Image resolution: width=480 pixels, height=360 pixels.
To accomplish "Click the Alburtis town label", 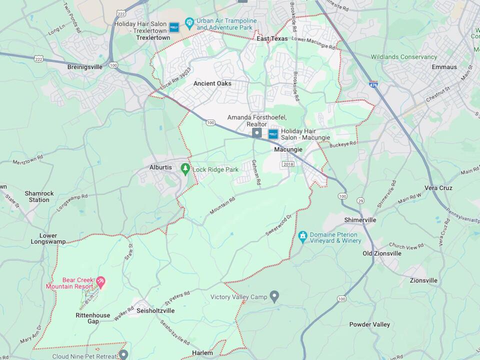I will pyautogui.click(x=161, y=167).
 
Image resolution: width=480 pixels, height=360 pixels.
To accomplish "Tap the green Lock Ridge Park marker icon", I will pyautogui.click(x=185, y=169).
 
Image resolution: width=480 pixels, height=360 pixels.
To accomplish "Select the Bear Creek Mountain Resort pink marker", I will pyautogui.click(x=100, y=282).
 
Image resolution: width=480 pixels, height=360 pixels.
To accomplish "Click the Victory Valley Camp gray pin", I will pyautogui.click(x=274, y=297).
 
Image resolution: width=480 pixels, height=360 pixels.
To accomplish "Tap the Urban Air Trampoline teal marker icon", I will pyautogui.click(x=189, y=23).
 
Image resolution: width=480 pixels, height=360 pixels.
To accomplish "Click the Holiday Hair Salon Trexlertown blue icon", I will pyautogui.click(x=174, y=27).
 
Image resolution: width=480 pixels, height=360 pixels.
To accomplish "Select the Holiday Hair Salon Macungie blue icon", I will pyautogui.click(x=273, y=133).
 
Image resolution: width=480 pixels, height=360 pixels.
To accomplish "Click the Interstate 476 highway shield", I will pyautogui.click(x=373, y=85).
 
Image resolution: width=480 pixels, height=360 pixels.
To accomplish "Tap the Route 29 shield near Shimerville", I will pyautogui.click(x=360, y=200).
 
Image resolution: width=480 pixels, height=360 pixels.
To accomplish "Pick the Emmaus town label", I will pyautogui.click(x=444, y=66).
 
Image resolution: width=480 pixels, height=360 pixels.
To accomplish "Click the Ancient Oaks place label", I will pyautogui.click(x=212, y=83).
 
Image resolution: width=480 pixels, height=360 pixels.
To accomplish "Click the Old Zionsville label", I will pyautogui.click(x=382, y=253).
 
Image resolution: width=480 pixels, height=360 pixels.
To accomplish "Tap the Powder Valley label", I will pyautogui.click(x=369, y=324).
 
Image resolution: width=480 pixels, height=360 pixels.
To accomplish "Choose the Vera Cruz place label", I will pyautogui.click(x=438, y=188).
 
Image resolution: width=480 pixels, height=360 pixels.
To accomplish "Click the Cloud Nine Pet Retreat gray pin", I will pyautogui.click(x=123, y=354).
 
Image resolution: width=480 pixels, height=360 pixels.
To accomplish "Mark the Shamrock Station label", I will pyautogui.click(x=38, y=196).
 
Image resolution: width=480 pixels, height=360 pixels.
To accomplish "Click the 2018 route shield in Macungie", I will pyautogui.click(x=288, y=164).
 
